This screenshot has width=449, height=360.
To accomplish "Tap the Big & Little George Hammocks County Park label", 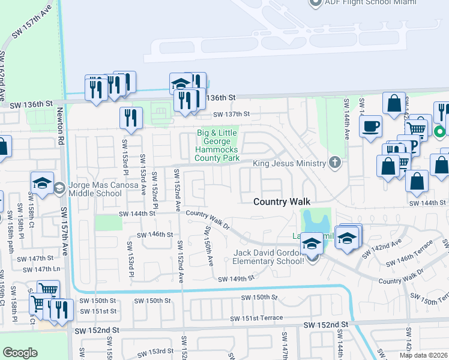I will tap(217, 145).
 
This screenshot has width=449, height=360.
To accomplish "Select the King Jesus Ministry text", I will tap(289, 163).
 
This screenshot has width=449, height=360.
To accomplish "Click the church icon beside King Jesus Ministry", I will tap(335, 163).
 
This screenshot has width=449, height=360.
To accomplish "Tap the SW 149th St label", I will tap(236, 279).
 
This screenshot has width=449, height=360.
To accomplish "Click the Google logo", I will tap(20, 353).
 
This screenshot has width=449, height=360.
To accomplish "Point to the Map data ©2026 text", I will tap(424, 355).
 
